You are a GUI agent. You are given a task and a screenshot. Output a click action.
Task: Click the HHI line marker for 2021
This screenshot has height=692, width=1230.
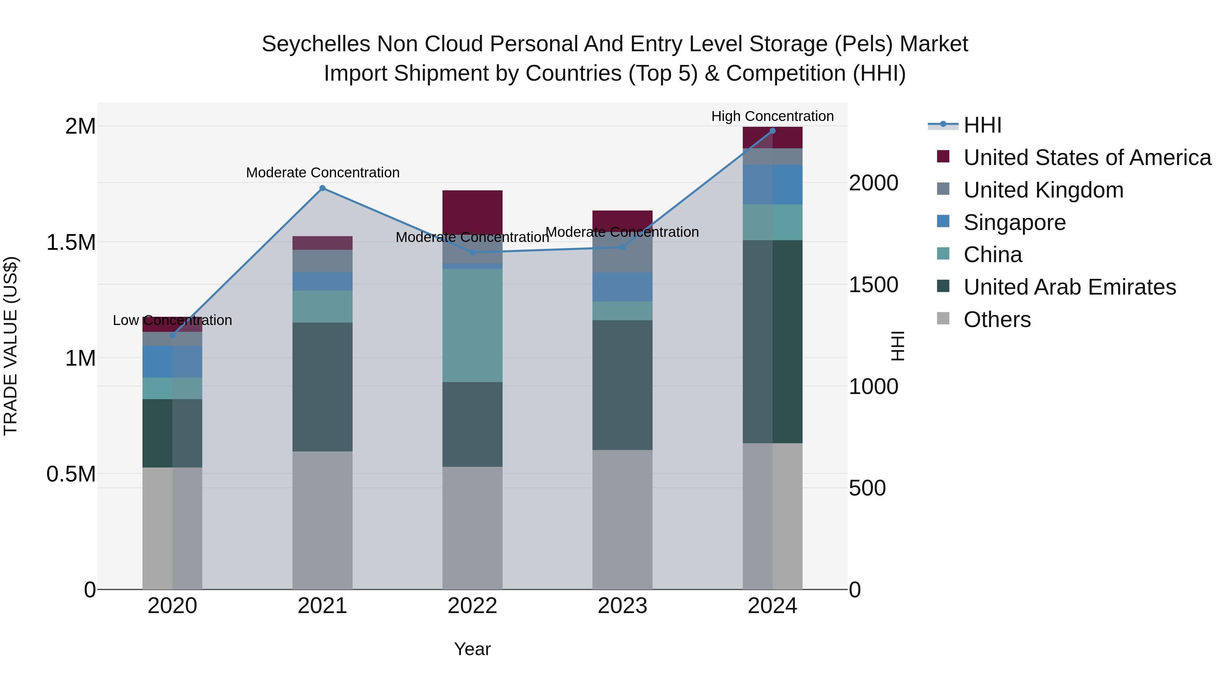[322, 188]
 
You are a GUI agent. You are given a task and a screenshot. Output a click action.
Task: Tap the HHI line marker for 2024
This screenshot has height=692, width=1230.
[772, 131]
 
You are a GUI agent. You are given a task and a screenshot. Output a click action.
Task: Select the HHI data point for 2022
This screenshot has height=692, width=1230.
[472, 252]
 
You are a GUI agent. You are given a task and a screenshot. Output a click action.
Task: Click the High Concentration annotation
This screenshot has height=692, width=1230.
[772, 116]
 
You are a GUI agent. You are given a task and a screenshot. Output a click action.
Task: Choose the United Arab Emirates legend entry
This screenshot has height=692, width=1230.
[1069, 287]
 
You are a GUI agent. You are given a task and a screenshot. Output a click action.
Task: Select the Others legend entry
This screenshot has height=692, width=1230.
[997, 320]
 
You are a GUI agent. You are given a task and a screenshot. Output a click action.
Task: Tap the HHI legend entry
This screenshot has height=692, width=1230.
[982, 125]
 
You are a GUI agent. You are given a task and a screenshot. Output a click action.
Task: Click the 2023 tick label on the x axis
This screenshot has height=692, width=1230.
[622, 606]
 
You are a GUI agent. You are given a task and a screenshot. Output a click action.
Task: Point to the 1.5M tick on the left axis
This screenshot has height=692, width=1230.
[71, 243]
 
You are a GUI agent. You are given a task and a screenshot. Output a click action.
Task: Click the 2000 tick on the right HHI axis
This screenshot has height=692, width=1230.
[873, 183]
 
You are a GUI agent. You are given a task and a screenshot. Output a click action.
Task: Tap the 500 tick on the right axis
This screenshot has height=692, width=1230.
[867, 488]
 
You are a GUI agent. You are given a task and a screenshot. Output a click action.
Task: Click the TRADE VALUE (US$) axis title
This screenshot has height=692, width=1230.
[11, 346]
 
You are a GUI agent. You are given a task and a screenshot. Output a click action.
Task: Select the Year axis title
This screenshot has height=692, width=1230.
[472, 649]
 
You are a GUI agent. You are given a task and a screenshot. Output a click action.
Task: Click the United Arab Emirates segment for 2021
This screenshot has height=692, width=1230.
[322, 387]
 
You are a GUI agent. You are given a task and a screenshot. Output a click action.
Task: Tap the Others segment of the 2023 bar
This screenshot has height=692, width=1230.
[622, 519]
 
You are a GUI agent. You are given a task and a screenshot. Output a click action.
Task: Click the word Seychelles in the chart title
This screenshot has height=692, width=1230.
[316, 44]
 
